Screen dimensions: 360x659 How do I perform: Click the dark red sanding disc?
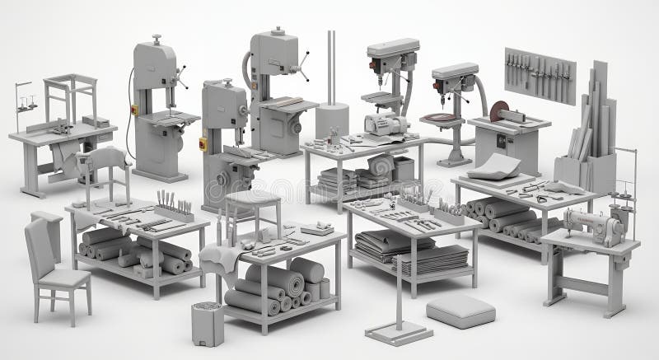(x=498, y=110)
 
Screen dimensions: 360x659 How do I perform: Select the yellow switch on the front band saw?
(x=203, y=143)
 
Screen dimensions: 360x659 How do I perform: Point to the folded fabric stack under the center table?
(x=394, y=248)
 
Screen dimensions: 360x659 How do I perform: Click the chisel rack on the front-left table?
(x=175, y=207)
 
